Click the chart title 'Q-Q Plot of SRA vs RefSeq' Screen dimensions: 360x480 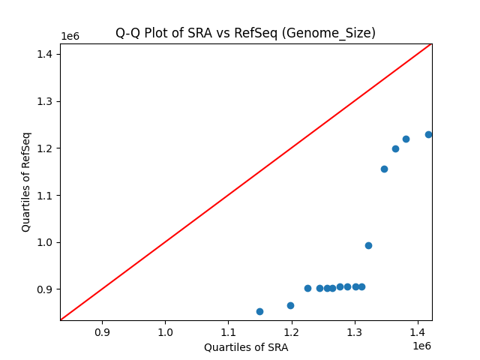(245, 33)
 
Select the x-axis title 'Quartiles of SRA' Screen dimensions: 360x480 (245, 347)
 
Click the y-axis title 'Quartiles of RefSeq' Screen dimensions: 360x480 (26, 181)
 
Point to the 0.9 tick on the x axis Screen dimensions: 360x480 (102, 331)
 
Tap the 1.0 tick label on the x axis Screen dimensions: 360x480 (165, 331)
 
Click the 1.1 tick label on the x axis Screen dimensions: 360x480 (229, 331)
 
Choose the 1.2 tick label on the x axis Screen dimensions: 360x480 (292, 331)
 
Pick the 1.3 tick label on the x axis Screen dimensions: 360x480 (355, 331)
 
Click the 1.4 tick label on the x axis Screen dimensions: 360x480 (418, 331)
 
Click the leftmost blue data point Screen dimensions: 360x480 (259, 311)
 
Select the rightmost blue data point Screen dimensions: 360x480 (428, 134)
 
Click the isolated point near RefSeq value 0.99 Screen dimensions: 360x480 (368, 245)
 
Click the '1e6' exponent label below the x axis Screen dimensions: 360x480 (421, 346)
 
